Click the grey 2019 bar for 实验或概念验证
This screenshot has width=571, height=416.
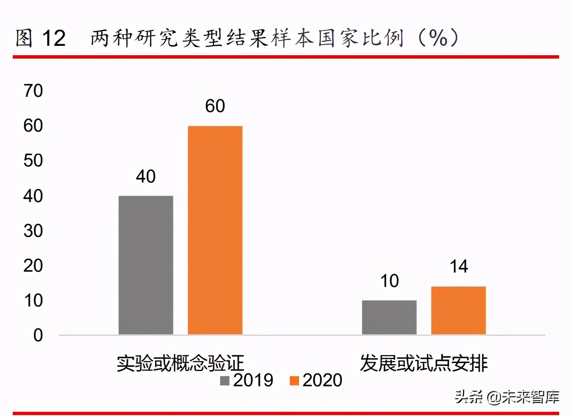(146, 265)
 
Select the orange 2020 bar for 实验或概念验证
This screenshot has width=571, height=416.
(215, 230)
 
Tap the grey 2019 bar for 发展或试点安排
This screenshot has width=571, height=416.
(389, 317)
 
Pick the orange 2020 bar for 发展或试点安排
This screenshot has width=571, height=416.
(458, 310)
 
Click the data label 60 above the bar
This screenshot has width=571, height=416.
(215, 106)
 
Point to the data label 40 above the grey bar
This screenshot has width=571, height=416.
(146, 177)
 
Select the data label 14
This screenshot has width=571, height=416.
(459, 267)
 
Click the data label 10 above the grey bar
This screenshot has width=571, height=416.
(389, 281)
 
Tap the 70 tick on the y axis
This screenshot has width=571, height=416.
(33, 91)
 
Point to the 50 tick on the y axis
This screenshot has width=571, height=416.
(33, 161)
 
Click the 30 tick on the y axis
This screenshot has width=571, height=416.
(33, 231)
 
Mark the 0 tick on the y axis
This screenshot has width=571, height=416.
(38, 335)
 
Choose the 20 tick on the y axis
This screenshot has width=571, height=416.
(33, 266)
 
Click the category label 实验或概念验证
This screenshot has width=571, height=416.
(180, 363)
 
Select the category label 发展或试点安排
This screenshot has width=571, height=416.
(424, 363)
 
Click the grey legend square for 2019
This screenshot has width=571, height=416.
(224, 380)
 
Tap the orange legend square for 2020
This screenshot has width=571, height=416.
(294, 380)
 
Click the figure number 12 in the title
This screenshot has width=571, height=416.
(54, 38)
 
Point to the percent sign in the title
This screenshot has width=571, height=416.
(438, 38)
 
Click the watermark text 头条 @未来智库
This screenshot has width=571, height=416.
(507, 397)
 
